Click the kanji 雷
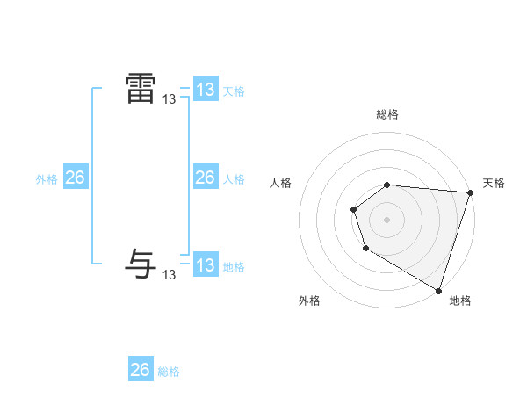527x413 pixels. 141,89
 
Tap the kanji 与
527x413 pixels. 141,264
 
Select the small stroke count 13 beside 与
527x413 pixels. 170,275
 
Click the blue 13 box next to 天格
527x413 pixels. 205,90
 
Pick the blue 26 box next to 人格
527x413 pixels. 205,178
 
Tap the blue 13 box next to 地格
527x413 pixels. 205,265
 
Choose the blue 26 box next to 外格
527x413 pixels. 75,178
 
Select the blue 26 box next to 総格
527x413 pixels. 140,370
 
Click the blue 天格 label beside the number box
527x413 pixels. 233,91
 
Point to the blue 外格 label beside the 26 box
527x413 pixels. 47,179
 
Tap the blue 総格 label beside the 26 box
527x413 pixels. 169,372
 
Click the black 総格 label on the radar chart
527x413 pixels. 387,114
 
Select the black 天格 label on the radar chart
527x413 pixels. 494,183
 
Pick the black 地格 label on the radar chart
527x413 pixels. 460,301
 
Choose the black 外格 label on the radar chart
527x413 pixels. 309,301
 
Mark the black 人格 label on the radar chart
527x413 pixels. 281,183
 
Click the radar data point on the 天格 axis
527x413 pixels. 470,192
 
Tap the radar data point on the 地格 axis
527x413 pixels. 438,289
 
